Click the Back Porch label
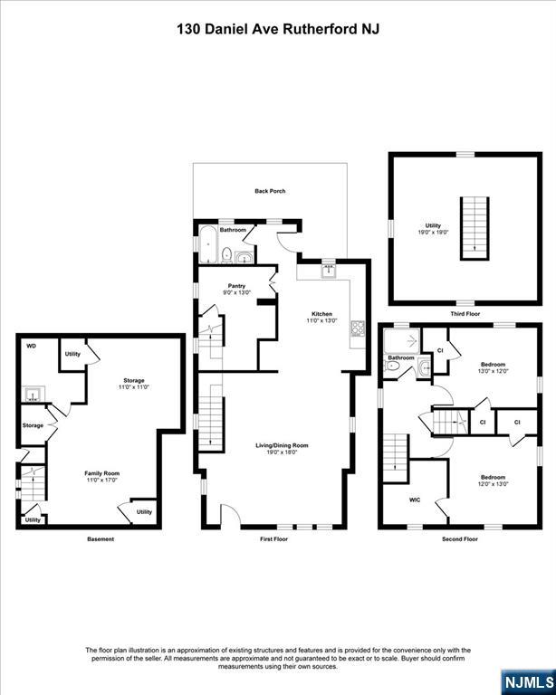pos(270,191)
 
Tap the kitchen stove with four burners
pos(358,328)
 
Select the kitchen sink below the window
pos(328,271)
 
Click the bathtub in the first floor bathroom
pos(207,244)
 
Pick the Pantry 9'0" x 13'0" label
pos(236,289)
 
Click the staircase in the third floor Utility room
pos(475,228)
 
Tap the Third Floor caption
pos(465,313)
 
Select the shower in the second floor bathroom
pos(402,341)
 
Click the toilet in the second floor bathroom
pos(392,366)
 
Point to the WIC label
pos(415,500)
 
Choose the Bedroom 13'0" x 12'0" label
pos(493,367)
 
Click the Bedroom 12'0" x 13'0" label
pos(493,481)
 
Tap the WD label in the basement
pos(31,346)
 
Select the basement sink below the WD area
pos(33,394)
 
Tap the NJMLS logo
pos(529,681)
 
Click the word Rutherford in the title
pos(315,30)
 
